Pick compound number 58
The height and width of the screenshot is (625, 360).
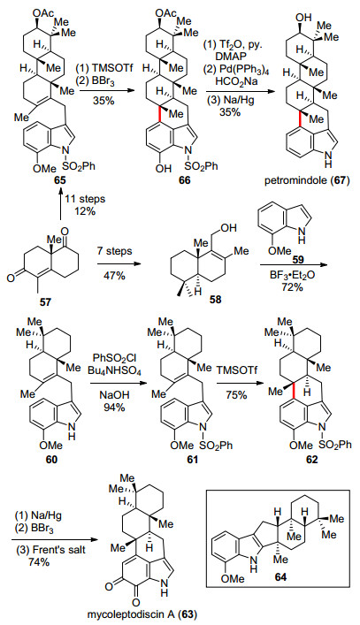pyautogui.click(x=215, y=299)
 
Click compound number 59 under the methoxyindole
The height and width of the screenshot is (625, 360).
pyautogui.click(x=299, y=260)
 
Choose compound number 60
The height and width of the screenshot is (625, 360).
pyautogui.click(x=52, y=459)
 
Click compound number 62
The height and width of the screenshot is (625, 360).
pyautogui.click(x=311, y=460)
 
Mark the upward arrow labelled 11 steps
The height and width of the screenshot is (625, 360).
pyautogui.click(x=61, y=205)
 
